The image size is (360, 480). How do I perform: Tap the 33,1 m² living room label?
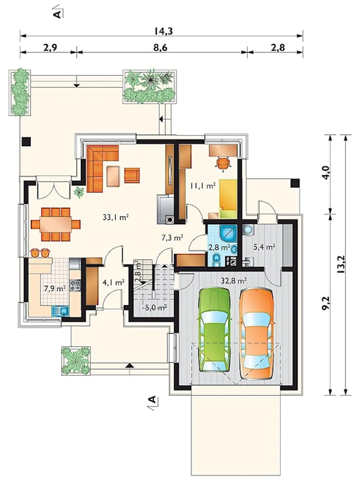click(x=116, y=217)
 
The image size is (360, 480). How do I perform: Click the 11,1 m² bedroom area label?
click(x=202, y=186)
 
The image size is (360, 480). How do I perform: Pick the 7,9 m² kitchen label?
click(x=55, y=289)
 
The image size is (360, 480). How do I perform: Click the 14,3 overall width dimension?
click(x=163, y=31)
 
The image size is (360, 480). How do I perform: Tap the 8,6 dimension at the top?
click(x=160, y=48)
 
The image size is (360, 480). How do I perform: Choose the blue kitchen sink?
click(x=60, y=312)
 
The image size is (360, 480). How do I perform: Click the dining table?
click(x=55, y=224)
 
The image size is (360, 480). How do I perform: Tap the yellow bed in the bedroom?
click(x=228, y=199)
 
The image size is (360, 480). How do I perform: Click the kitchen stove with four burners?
click(x=75, y=285)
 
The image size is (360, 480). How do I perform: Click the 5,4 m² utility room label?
click(x=264, y=247)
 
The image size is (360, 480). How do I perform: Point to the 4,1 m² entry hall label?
click(x=113, y=282)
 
